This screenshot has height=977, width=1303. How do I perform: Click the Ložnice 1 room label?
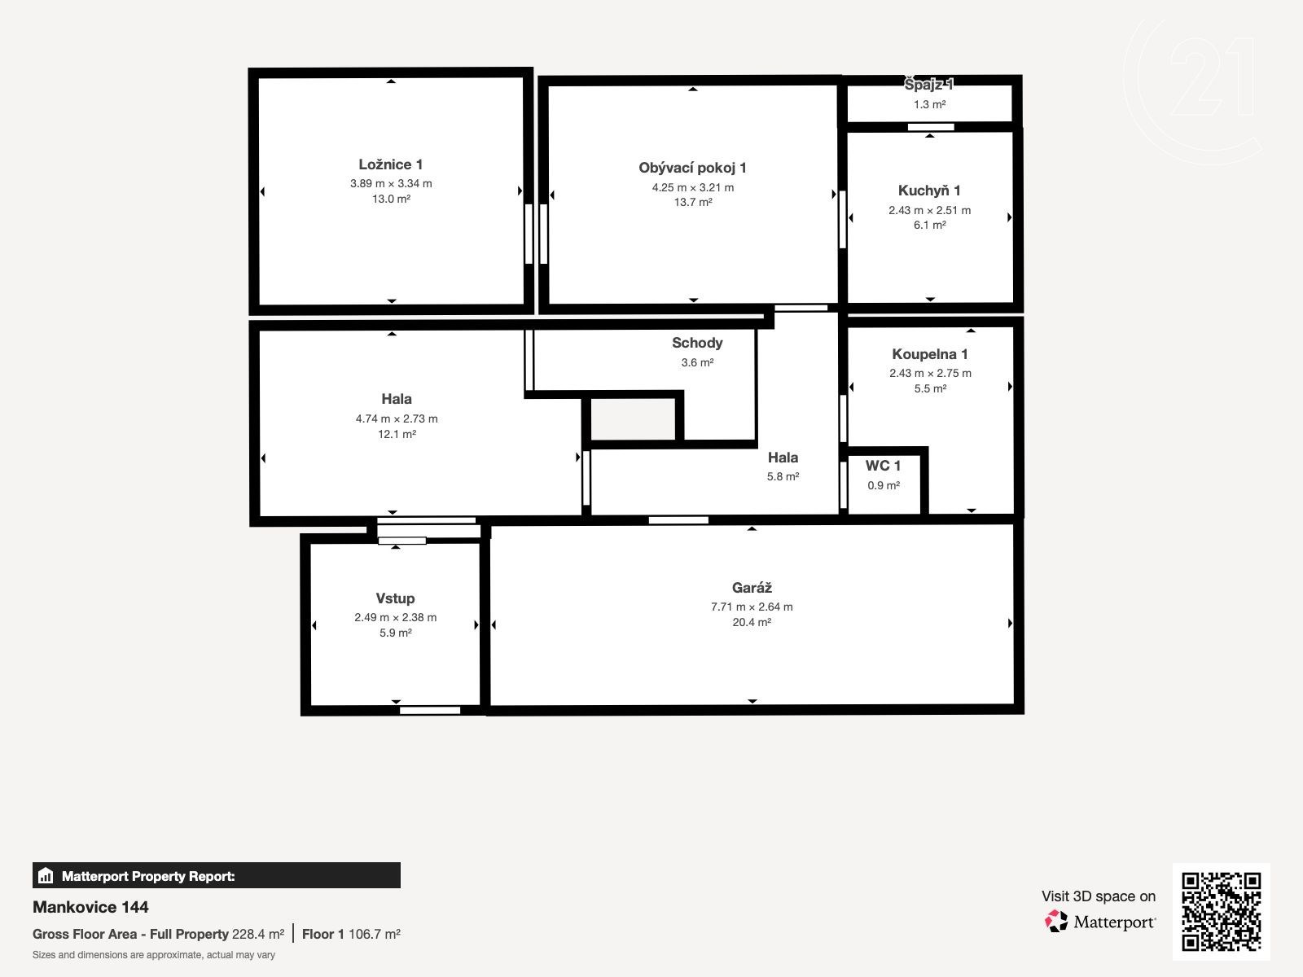pyautogui.click(x=391, y=164)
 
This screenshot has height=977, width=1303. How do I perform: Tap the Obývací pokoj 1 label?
pyautogui.click(x=692, y=168)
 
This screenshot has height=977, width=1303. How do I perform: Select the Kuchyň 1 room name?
pyautogui.click(x=929, y=191)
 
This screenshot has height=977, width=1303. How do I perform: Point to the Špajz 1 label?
pyautogui.click(x=929, y=85)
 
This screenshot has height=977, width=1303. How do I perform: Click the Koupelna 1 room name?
pyautogui.click(x=930, y=354)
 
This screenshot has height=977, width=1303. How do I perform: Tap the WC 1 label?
pyautogui.click(x=883, y=466)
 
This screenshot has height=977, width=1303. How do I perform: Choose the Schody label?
pyautogui.click(x=697, y=343)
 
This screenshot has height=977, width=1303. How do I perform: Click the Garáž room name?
pyautogui.click(x=752, y=588)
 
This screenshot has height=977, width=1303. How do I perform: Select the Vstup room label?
pyautogui.click(x=395, y=598)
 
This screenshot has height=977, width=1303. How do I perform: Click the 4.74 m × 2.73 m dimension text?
pyautogui.click(x=397, y=418)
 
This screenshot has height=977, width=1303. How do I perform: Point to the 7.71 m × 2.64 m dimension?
pyautogui.click(x=752, y=607)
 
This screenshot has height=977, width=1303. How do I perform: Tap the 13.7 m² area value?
pyautogui.click(x=693, y=202)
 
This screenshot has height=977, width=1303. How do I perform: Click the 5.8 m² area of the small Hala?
pyautogui.click(x=783, y=476)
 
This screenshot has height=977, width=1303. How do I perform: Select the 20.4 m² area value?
pyautogui.click(x=752, y=622)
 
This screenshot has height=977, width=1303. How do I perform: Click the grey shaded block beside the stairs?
pyautogui.click(x=633, y=418)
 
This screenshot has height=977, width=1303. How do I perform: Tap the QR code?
pyautogui.click(x=1221, y=912)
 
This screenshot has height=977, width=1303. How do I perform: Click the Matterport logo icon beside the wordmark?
pyautogui.click(x=1056, y=922)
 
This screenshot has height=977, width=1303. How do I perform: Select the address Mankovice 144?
pyautogui.click(x=90, y=907)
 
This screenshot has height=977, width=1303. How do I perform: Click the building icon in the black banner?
pyautogui.click(x=46, y=875)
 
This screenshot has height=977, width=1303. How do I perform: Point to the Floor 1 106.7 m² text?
pyautogui.click(x=351, y=935)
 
